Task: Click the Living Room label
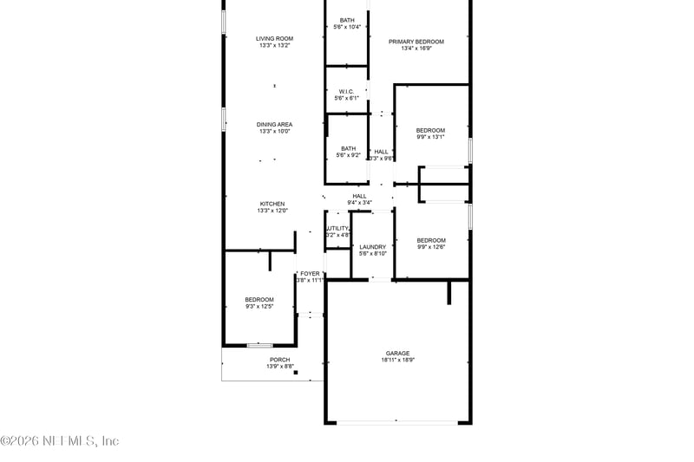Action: (274, 38)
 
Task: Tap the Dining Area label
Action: (274, 124)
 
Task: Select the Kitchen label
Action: (272, 204)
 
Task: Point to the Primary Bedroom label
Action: (416, 42)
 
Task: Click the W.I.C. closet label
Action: (347, 91)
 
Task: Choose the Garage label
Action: (398, 353)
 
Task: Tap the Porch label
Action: (279, 360)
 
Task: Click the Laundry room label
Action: (373, 247)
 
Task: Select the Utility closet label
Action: (337, 228)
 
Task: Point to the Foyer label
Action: (310, 273)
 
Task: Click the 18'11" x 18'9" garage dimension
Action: (398, 361)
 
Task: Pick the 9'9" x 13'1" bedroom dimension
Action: (430, 137)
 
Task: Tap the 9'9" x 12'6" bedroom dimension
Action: (431, 247)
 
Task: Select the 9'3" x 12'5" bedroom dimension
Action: (259, 307)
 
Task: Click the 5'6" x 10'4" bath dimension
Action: (347, 27)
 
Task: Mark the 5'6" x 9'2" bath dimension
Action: (348, 155)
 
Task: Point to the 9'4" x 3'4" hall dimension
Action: (359, 203)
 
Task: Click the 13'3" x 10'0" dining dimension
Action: (274, 132)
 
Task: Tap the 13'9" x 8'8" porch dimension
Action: (280, 367)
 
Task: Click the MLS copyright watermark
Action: (60, 441)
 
